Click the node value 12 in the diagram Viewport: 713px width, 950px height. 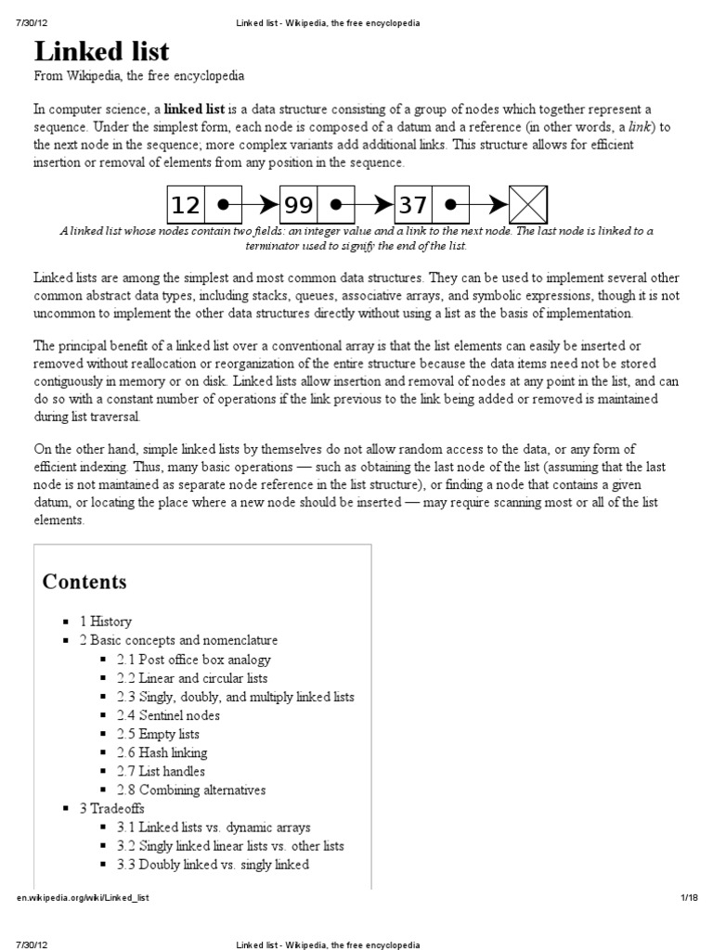point(186,204)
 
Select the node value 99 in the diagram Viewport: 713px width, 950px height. point(299,204)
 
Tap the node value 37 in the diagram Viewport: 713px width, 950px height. point(414,204)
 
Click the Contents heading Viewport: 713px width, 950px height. point(84,583)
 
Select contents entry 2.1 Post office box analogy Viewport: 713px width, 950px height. point(193,660)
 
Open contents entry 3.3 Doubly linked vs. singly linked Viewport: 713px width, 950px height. point(212,865)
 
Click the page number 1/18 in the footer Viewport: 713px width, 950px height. point(688,898)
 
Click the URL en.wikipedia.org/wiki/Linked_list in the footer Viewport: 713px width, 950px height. point(83,898)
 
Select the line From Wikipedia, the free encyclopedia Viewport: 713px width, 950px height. point(139,75)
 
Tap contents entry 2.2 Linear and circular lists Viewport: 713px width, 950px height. point(191,678)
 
